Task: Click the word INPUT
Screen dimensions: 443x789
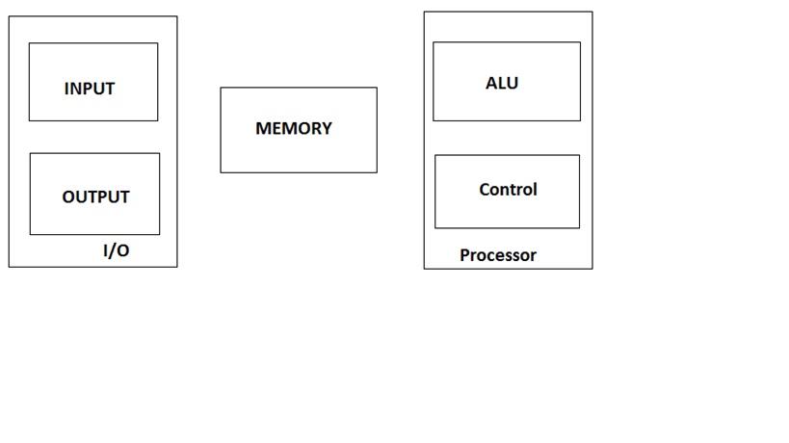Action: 90,89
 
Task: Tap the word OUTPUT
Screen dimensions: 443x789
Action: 95,197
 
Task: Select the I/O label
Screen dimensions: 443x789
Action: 116,251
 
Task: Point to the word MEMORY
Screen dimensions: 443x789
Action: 294,128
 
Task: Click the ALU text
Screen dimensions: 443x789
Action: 502,84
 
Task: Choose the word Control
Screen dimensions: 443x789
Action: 508,190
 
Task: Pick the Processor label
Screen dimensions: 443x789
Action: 498,255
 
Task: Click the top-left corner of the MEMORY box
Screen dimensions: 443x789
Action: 221,88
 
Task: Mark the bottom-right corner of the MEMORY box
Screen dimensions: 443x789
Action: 377,172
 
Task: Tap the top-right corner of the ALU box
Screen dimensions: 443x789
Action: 580,42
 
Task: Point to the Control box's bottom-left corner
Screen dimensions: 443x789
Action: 435,228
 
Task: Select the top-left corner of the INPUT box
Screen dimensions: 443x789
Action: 29,43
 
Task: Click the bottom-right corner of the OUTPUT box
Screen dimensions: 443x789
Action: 160,234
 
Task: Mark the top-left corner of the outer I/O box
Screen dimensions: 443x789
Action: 9,16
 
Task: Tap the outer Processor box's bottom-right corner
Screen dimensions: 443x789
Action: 592,268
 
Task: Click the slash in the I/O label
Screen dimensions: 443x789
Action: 116,251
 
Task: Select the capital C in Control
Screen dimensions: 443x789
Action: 485,190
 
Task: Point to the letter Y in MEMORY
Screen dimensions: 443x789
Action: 327,128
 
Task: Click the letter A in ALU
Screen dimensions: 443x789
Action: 491,84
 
